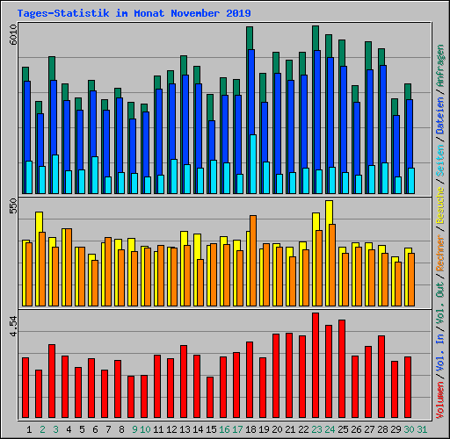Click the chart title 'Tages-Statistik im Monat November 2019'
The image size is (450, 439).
point(134,13)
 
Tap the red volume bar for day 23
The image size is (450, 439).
point(316,366)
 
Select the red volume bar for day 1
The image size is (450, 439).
point(25,388)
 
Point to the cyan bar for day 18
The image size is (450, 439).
point(253,164)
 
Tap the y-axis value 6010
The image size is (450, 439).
point(13,36)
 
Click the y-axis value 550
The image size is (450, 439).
point(13,207)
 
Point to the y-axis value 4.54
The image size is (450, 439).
point(13,327)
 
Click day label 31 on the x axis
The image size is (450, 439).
point(422,428)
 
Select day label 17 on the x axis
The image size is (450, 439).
point(237,428)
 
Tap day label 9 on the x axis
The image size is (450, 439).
point(134,428)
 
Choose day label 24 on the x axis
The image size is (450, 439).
point(330,428)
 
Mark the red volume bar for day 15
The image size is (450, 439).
point(210,398)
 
